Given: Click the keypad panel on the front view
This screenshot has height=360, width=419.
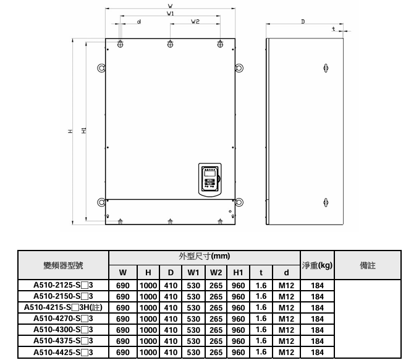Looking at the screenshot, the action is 210,179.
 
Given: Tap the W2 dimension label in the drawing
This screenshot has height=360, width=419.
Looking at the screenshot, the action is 195,22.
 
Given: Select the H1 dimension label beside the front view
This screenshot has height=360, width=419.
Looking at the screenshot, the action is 84,131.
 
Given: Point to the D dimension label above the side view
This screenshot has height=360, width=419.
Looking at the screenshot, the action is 303,22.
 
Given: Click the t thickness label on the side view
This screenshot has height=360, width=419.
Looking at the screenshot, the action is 333,28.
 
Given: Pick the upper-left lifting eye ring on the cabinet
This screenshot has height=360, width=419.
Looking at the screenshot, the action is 101,68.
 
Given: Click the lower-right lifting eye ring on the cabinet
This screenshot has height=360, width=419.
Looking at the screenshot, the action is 239,202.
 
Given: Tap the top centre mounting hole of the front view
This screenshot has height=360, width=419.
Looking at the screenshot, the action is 170,44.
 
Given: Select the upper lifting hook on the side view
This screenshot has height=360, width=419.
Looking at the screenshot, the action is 326,68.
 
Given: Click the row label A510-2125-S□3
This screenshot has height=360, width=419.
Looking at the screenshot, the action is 63,285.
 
